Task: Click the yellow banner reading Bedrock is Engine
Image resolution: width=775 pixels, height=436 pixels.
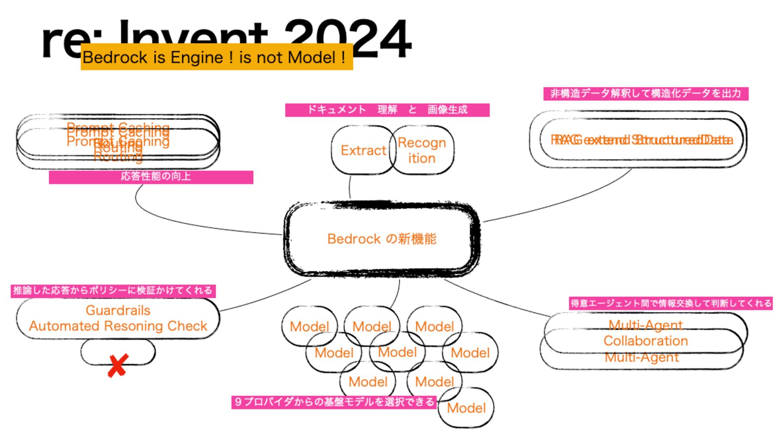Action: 217,57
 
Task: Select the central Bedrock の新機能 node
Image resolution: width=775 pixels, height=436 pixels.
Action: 381,239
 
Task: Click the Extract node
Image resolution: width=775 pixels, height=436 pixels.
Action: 363,150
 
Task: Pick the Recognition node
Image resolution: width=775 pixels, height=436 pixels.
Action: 422,150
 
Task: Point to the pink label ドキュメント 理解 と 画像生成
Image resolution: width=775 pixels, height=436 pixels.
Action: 387,110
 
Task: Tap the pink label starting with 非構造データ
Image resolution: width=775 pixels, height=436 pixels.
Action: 645,94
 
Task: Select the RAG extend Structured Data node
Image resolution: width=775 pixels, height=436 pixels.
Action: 641,140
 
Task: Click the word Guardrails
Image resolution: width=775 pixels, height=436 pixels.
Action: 118,310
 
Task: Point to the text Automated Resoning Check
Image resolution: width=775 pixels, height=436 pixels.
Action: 118,326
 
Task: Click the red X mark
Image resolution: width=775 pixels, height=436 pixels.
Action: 118,365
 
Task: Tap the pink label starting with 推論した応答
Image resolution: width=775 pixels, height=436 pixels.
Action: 113,291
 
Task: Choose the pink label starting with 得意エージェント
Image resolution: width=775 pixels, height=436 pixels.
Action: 670,303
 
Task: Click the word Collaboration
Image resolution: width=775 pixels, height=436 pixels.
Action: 645,341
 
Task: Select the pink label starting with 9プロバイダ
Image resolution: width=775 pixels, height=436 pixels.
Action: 334,402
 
